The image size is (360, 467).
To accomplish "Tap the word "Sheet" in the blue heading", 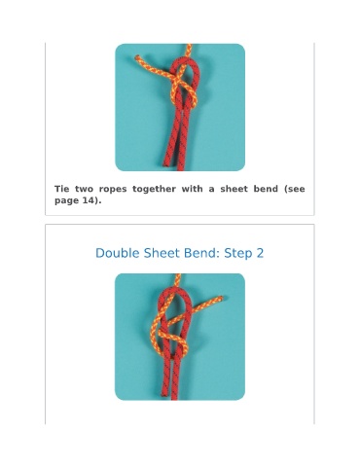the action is pyautogui.click(x=160, y=253).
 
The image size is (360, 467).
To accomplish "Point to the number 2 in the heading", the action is pyautogui.click(x=260, y=253).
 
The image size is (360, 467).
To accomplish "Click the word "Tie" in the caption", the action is pyautogui.click(x=62, y=189).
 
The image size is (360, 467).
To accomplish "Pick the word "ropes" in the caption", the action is pyautogui.click(x=113, y=190).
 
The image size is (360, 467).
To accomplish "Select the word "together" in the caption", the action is pyautogui.click(x=154, y=190).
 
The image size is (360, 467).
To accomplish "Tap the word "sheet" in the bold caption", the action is pyautogui.click(x=234, y=189).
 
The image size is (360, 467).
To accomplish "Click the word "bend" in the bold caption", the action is pyautogui.click(x=266, y=189).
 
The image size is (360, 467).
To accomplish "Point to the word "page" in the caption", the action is pyautogui.click(x=66, y=200).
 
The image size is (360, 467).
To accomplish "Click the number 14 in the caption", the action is pyautogui.click(x=88, y=200).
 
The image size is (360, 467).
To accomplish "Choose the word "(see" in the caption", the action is pyautogui.click(x=295, y=189).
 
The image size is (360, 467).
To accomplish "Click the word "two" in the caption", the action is pyautogui.click(x=84, y=189).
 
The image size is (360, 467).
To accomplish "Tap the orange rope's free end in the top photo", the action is pyautogui.click(x=137, y=57).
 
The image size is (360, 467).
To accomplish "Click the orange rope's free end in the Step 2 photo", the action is pyautogui.click(x=220, y=299).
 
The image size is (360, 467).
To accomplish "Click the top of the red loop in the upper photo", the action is pyautogui.click(x=185, y=60).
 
